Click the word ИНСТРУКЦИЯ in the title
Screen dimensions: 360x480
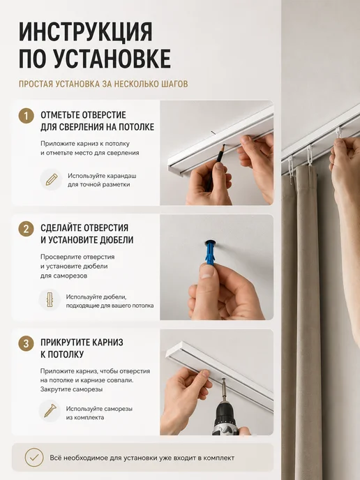[85, 32]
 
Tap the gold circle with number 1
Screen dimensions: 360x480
[26, 116]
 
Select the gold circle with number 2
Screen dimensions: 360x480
[26, 229]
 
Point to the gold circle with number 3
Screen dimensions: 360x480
[26, 343]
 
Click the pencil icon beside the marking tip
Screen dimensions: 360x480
[52, 180]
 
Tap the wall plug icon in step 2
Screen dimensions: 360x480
[50, 300]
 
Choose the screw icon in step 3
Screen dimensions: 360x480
[50, 411]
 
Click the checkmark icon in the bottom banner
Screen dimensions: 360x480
[34, 458]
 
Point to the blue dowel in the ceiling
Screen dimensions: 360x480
[210, 253]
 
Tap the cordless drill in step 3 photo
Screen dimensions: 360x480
[226, 410]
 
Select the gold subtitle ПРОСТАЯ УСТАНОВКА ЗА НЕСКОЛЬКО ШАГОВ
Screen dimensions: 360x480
[103, 84]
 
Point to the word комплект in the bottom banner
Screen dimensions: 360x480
[220, 458]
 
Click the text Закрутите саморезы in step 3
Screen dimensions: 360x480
[71, 389]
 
